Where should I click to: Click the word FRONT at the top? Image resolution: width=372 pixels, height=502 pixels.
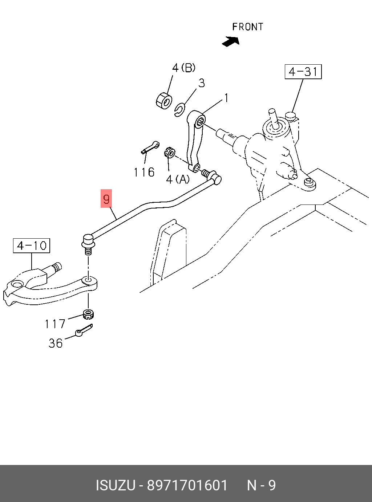[248, 27]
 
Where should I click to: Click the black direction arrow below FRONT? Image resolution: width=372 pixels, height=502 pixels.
[231, 42]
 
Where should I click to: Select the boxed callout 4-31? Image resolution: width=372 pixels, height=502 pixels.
[303, 72]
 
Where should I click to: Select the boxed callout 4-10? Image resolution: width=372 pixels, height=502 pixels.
[32, 246]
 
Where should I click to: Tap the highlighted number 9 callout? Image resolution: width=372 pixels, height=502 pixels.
[106, 198]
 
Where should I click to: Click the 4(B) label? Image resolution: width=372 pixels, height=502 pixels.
[183, 68]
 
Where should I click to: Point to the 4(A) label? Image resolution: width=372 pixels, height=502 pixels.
[178, 180]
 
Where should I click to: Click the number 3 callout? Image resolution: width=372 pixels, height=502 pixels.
[201, 83]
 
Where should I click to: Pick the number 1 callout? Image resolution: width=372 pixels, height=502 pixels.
[226, 98]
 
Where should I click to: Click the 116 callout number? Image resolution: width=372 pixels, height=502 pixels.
[144, 173]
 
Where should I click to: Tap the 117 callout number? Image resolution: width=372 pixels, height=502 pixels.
[55, 324]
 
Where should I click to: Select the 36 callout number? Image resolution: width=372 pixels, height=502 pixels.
[56, 343]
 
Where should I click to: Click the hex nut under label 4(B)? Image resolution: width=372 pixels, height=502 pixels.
[164, 100]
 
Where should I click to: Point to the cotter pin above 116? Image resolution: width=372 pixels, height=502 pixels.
[150, 147]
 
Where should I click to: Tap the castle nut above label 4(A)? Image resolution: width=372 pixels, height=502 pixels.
[169, 153]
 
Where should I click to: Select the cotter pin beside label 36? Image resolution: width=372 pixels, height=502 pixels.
[84, 330]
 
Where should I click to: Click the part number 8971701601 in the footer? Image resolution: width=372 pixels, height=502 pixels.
[187, 485]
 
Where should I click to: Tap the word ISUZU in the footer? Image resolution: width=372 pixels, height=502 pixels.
[116, 485]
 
